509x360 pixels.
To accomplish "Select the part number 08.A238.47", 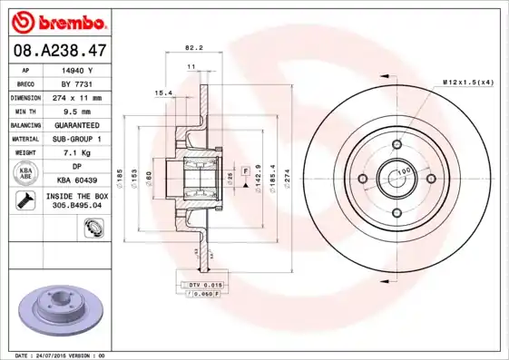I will [x=59, y=53].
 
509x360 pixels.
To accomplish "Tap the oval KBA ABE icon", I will [x=26, y=174].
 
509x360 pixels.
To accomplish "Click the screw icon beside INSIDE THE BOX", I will [x=26, y=200].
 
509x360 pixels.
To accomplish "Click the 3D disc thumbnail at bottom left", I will [x=58, y=312].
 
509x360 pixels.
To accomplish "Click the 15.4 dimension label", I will [x=163, y=92].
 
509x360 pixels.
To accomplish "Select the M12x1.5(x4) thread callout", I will [x=467, y=83].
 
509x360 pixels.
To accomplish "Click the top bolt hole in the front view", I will [x=396, y=143].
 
